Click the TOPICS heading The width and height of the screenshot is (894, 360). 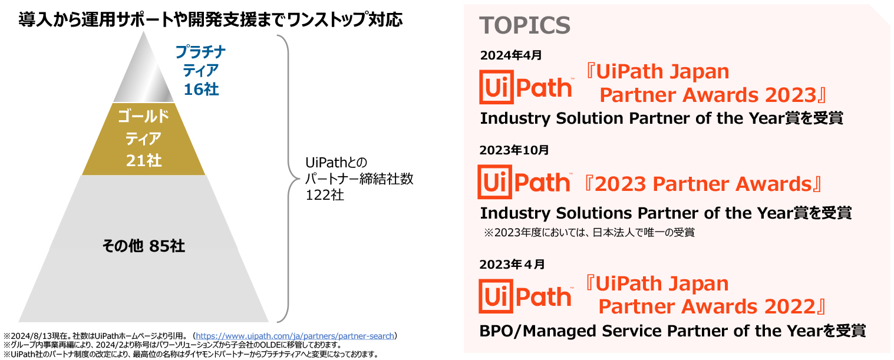(x=524, y=25)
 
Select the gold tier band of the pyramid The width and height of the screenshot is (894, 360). (x=144, y=139)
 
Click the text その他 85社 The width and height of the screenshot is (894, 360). (x=144, y=246)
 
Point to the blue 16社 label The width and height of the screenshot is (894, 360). (x=201, y=89)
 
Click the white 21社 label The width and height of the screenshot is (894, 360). (x=144, y=160)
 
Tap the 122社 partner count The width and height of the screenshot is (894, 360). (x=325, y=195)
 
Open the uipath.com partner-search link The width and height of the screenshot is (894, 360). (x=295, y=336)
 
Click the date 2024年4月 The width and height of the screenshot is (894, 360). (x=511, y=55)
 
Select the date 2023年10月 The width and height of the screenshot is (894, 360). (x=514, y=150)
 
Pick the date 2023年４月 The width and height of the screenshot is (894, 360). (x=512, y=264)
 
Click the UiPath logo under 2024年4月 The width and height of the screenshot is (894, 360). (x=526, y=87)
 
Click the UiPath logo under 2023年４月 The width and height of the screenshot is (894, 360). (x=526, y=296)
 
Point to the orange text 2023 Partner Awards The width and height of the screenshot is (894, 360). (x=703, y=184)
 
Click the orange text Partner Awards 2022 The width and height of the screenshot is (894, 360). (x=707, y=306)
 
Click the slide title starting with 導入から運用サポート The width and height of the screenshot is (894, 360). (x=210, y=19)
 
